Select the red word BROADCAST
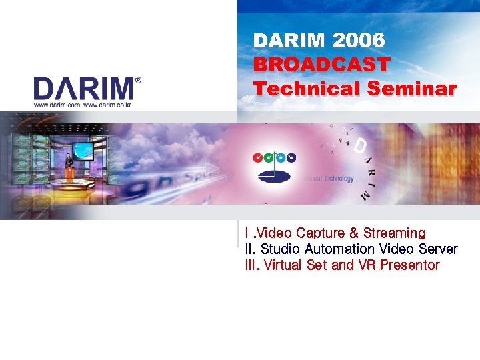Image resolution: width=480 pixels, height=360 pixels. coord(321,65)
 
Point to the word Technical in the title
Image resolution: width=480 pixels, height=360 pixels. coord(307,89)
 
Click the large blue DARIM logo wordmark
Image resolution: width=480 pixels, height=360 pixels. coord(84,89)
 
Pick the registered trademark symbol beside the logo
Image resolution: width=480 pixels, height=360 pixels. coord(138,79)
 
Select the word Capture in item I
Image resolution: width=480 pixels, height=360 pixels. coord(320,233)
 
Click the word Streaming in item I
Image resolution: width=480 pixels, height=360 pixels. coord(395,233)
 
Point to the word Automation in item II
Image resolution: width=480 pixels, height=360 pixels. coord(339,249)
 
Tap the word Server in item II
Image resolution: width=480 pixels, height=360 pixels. coord(438,249)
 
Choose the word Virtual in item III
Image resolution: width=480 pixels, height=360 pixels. coord(283,265)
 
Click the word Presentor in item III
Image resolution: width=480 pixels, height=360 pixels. coord(409,265)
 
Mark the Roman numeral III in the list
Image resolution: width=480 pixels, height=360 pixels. coord(251,265)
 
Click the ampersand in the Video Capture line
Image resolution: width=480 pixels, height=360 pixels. coord(354,233)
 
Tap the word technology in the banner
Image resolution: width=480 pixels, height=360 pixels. coord(339,179)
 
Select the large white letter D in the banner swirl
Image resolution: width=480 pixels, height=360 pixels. coord(361,146)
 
